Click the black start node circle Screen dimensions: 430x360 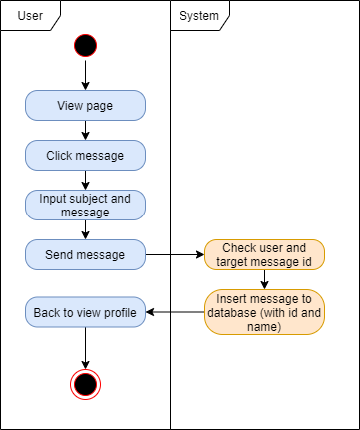pyautogui.click(x=85, y=45)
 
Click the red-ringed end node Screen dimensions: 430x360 pyautogui.click(x=85, y=383)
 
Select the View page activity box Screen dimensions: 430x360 pyautogui.click(x=85, y=105)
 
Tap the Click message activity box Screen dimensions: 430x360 pyautogui.click(x=85, y=155)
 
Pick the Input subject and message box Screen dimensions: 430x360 pyautogui.click(x=85, y=205)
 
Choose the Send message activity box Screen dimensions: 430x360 pyautogui.click(x=85, y=254)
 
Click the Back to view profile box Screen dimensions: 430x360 pyautogui.click(x=85, y=313)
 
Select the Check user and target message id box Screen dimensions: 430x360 pyautogui.click(x=264, y=254)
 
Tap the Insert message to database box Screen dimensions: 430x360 pyautogui.click(x=264, y=313)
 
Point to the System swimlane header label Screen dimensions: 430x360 pyautogui.click(x=199, y=16)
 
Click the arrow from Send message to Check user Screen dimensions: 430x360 pyautogui.click(x=175, y=254)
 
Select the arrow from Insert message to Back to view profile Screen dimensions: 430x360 pyautogui.click(x=175, y=313)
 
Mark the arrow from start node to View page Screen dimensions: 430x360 pyautogui.click(x=85, y=74)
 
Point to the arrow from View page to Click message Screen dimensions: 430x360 pyautogui.click(x=85, y=130)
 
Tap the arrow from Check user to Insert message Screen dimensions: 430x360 pyautogui.click(x=264, y=280)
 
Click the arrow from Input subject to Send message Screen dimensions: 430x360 pyautogui.click(x=85, y=229)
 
